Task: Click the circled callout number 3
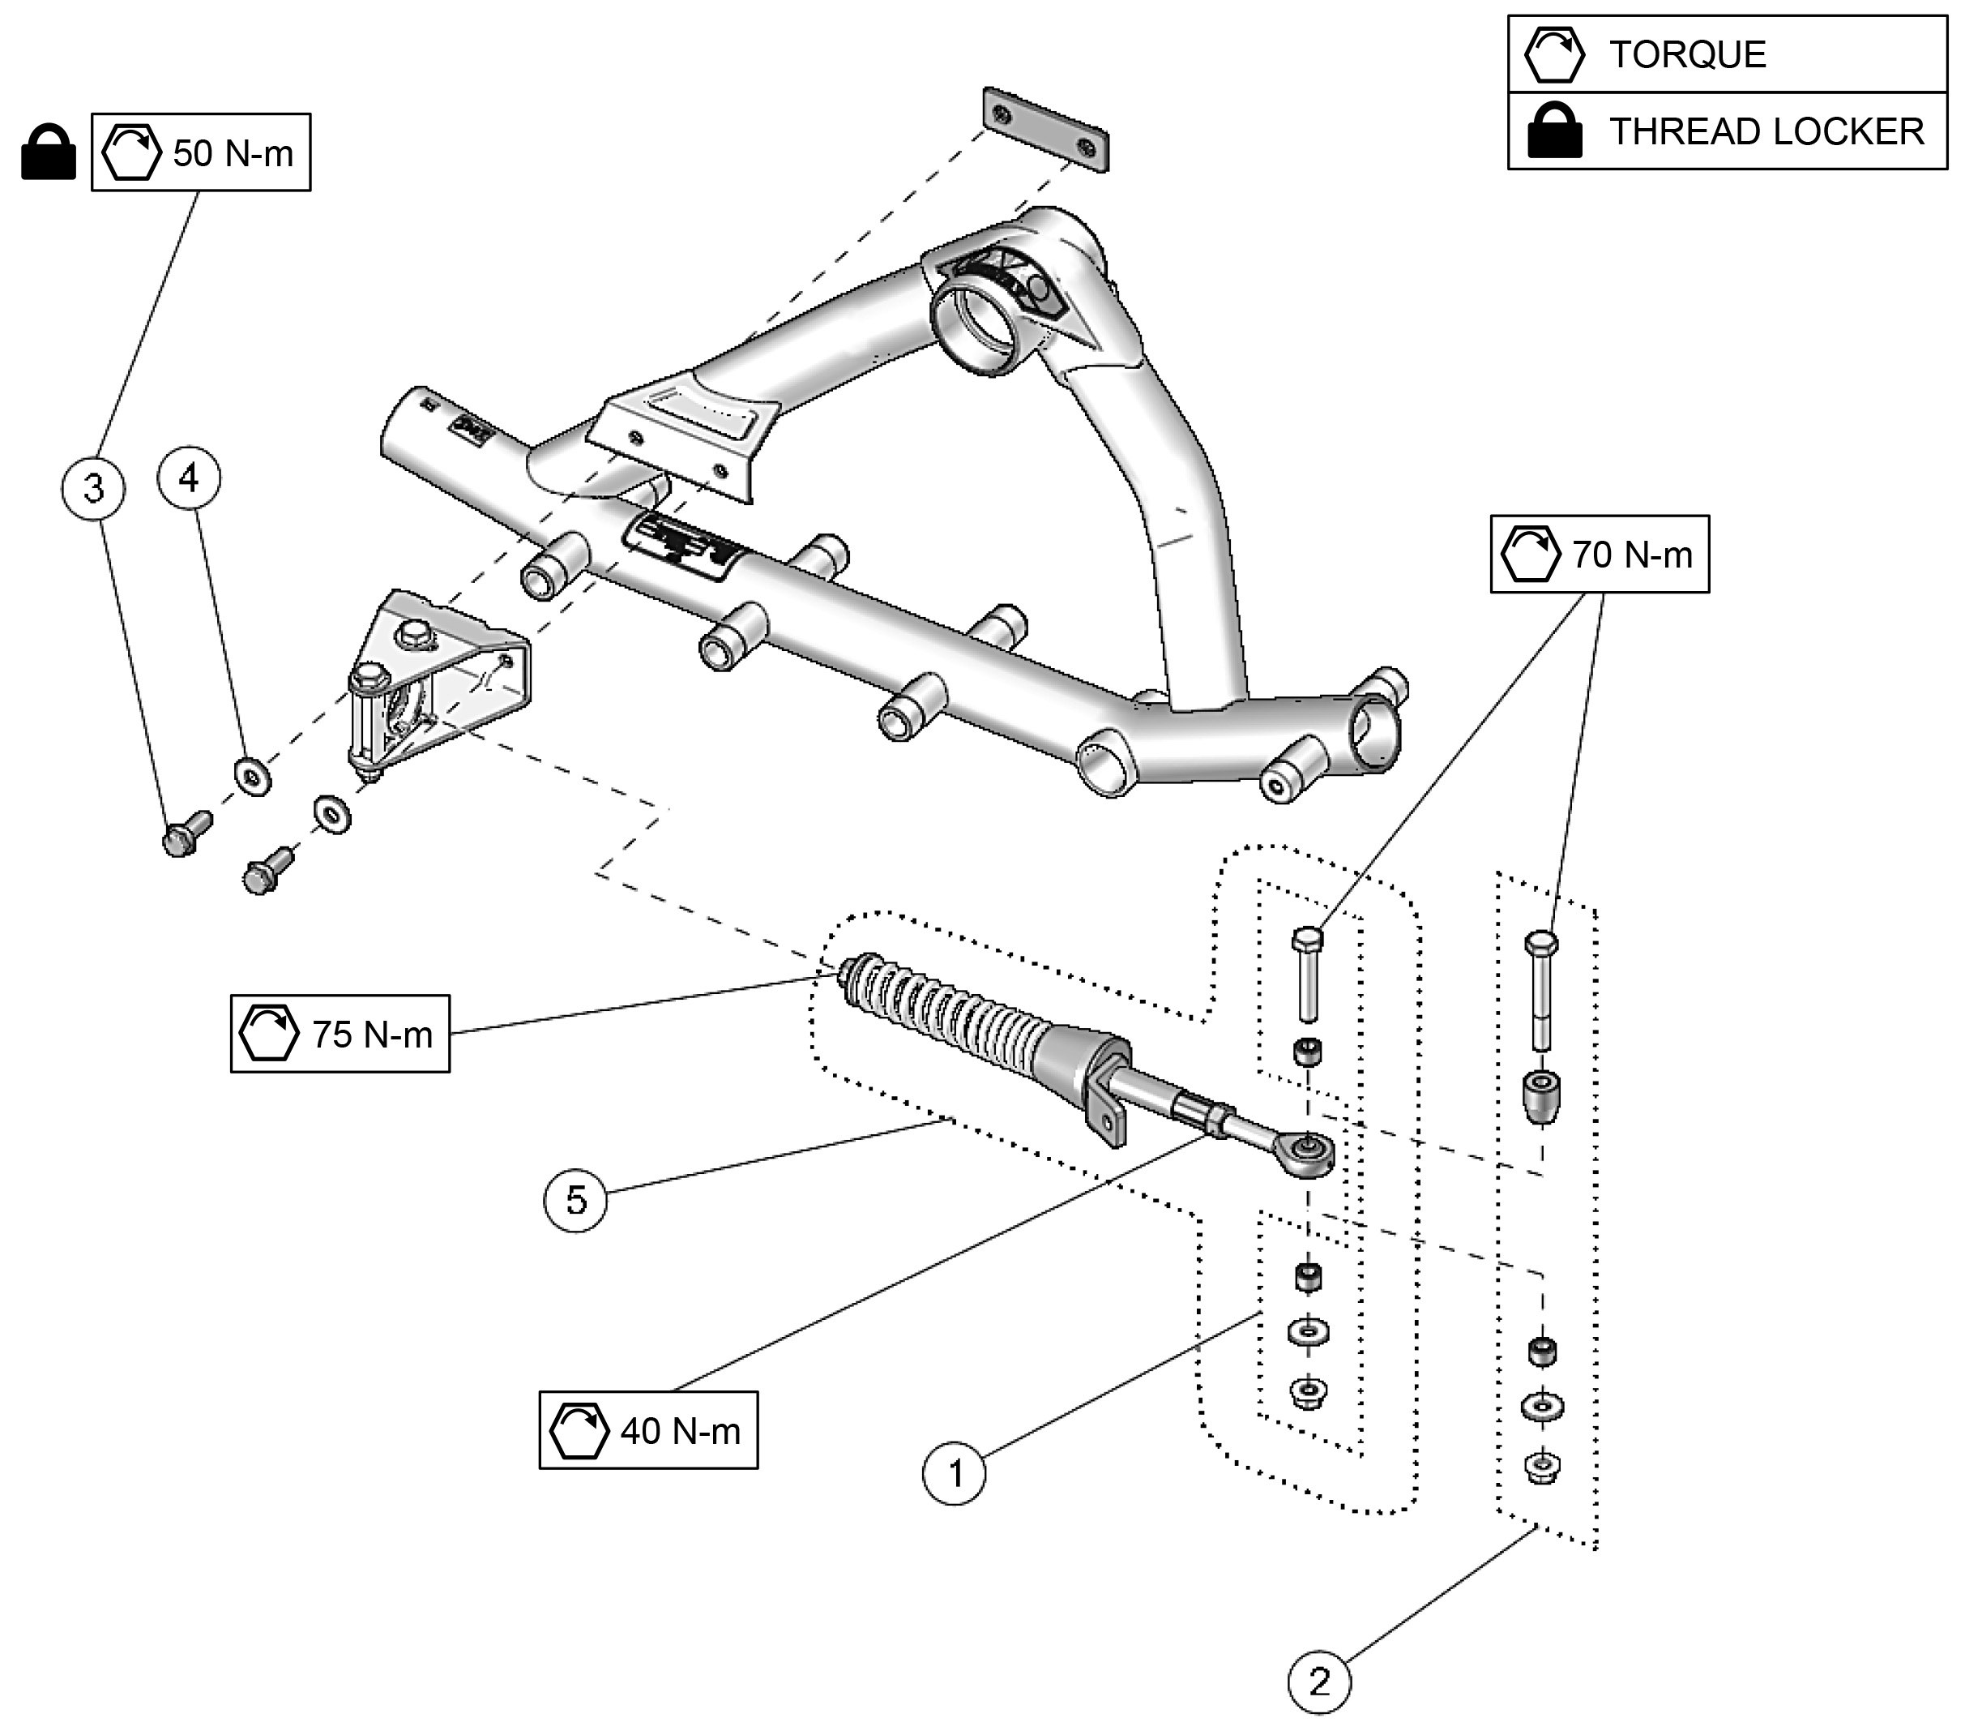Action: (93, 489)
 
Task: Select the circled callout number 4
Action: (189, 478)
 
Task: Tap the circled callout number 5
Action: (576, 1199)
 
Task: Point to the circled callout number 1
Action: (955, 1472)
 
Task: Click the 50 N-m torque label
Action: (201, 152)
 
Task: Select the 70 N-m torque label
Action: (1600, 554)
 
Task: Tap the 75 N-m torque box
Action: (340, 1034)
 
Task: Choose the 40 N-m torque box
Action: (649, 1431)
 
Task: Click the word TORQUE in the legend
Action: (1687, 55)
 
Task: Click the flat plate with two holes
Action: (1045, 131)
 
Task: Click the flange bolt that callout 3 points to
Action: (186, 833)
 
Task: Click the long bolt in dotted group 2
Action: (1541, 992)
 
